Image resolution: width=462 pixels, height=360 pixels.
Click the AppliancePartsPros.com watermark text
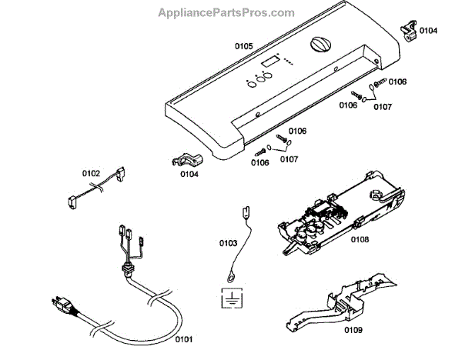226,13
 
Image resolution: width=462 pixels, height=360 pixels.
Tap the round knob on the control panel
320,45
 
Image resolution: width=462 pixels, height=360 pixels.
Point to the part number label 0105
243,46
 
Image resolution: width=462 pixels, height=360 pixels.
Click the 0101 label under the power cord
183,338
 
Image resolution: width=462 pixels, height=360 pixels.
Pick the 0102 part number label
92,173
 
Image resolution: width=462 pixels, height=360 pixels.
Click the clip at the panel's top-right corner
408,30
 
